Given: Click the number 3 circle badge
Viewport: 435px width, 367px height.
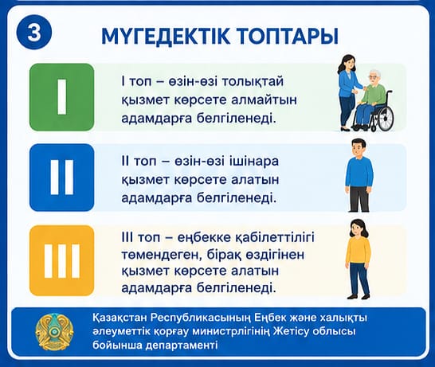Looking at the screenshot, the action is (34, 33).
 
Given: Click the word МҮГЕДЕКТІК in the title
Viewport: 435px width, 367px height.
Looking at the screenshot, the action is (166, 36).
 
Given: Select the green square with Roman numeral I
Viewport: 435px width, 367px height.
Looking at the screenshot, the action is (62, 97).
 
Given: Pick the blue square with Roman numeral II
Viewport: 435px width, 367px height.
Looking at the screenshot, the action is (62, 178).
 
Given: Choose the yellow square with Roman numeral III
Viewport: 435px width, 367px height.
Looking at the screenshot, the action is (62, 260).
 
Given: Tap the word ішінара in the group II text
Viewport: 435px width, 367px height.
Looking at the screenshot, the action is (253, 161).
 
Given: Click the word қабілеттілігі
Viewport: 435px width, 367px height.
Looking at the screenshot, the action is (274, 238).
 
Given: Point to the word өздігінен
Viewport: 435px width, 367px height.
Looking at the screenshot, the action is (268, 256).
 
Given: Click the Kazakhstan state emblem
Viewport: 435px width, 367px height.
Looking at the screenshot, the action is (54, 333).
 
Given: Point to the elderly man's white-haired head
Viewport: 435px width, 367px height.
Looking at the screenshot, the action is (374, 77).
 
